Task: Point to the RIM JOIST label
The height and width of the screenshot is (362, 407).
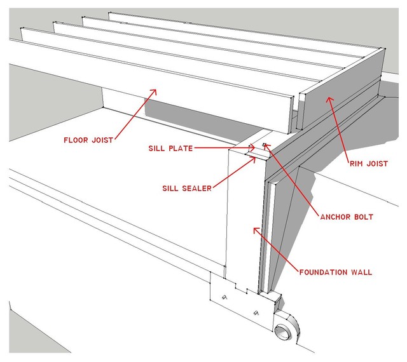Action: tap(368, 163)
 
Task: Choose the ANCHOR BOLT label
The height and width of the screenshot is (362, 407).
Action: tap(347, 217)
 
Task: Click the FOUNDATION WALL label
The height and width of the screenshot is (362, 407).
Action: tap(335, 272)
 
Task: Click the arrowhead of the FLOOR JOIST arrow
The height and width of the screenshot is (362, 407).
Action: tap(154, 91)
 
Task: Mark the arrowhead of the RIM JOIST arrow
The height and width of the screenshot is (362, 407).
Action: tap(329, 96)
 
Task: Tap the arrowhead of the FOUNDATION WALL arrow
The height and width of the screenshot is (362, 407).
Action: tap(255, 229)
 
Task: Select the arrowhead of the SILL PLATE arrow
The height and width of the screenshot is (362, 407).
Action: tap(254, 147)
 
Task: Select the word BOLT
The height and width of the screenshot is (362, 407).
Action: tap(360, 217)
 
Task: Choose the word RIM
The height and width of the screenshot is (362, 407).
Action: tap(357, 163)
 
